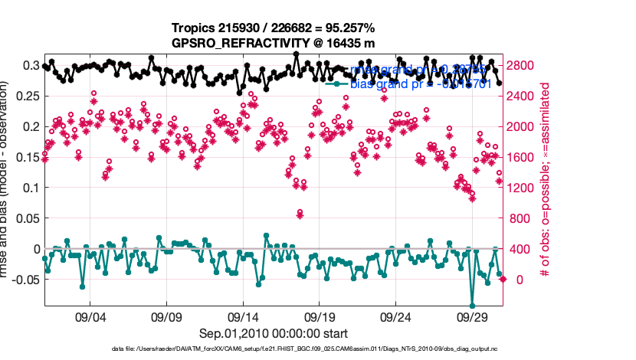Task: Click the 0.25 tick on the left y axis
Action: click(29, 96)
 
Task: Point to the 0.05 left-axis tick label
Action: click(29, 218)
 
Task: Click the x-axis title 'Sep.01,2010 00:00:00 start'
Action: click(274, 333)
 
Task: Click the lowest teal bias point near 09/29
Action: click(473, 305)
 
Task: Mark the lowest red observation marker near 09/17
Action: click(300, 215)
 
